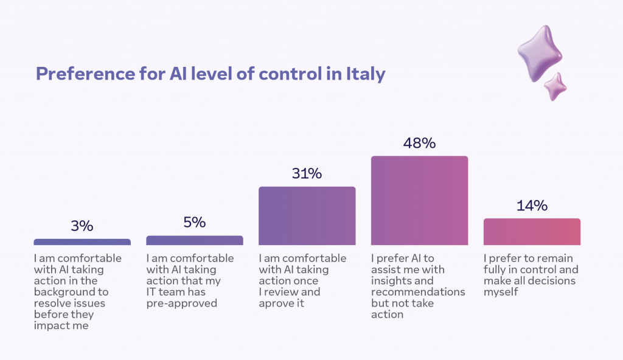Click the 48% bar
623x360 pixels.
[419, 200]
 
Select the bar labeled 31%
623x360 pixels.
[307, 216]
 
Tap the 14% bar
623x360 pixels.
[532, 232]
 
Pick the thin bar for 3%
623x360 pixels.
[82, 242]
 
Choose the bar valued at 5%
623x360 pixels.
[194, 240]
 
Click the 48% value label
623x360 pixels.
[419, 143]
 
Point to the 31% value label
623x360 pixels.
[307, 174]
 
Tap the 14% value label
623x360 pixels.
[532, 206]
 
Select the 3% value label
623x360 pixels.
[82, 226]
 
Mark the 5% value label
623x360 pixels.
[194, 223]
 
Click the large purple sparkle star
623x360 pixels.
[540, 52]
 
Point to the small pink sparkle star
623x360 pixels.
[555, 86]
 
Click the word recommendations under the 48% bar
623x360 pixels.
[418, 292]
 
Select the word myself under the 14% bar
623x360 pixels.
[501, 292]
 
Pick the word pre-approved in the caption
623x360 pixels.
[181, 304]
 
